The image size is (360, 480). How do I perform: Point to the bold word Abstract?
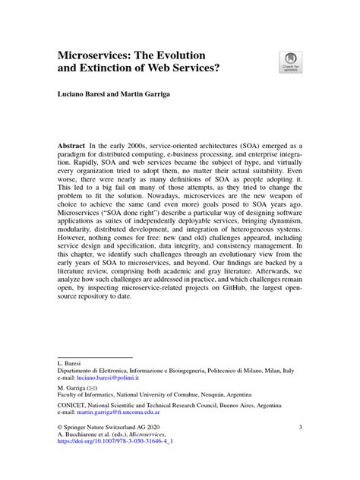tap(74, 145)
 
